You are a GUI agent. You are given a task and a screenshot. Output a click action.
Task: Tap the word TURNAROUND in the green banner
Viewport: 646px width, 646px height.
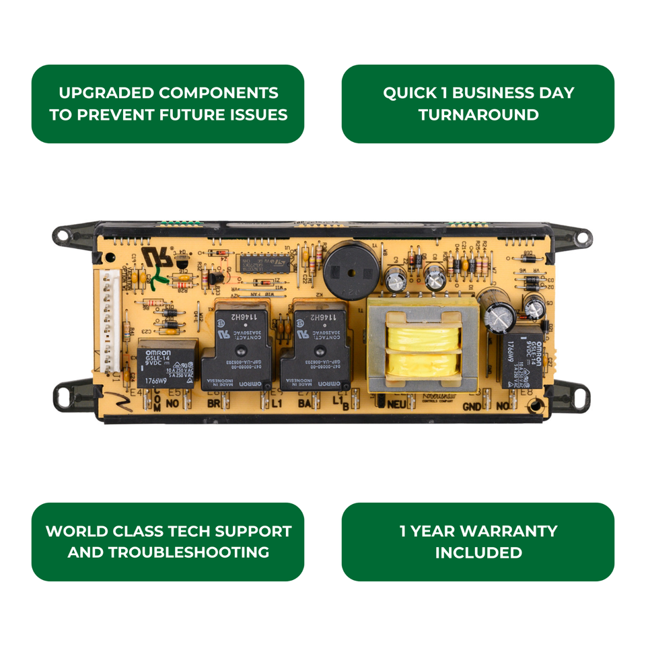pos(478,114)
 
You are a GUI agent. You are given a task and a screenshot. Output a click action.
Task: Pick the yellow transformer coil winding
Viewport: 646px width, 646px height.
pos(423,350)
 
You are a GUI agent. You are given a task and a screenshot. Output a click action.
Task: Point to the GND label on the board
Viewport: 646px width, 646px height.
pos(472,407)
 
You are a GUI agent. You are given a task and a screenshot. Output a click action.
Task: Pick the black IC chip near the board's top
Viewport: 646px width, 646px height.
pos(263,263)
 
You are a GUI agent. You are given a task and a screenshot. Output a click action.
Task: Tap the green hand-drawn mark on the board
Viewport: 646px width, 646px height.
pos(155,277)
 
